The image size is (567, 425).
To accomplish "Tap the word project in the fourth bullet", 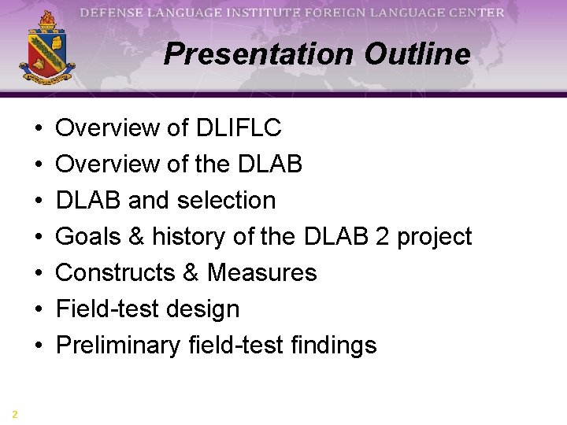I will pyautogui.click(x=434, y=236).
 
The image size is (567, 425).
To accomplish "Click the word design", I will pyautogui.click(x=206, y=309).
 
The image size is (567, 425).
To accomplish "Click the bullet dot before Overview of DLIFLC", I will pyautogui.click(x=39, y=128).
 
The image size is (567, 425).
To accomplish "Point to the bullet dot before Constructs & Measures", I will pyautogui.click(x=39, y=273).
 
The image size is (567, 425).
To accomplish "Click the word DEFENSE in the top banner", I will pyautogui.click(x=112, y=13).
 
